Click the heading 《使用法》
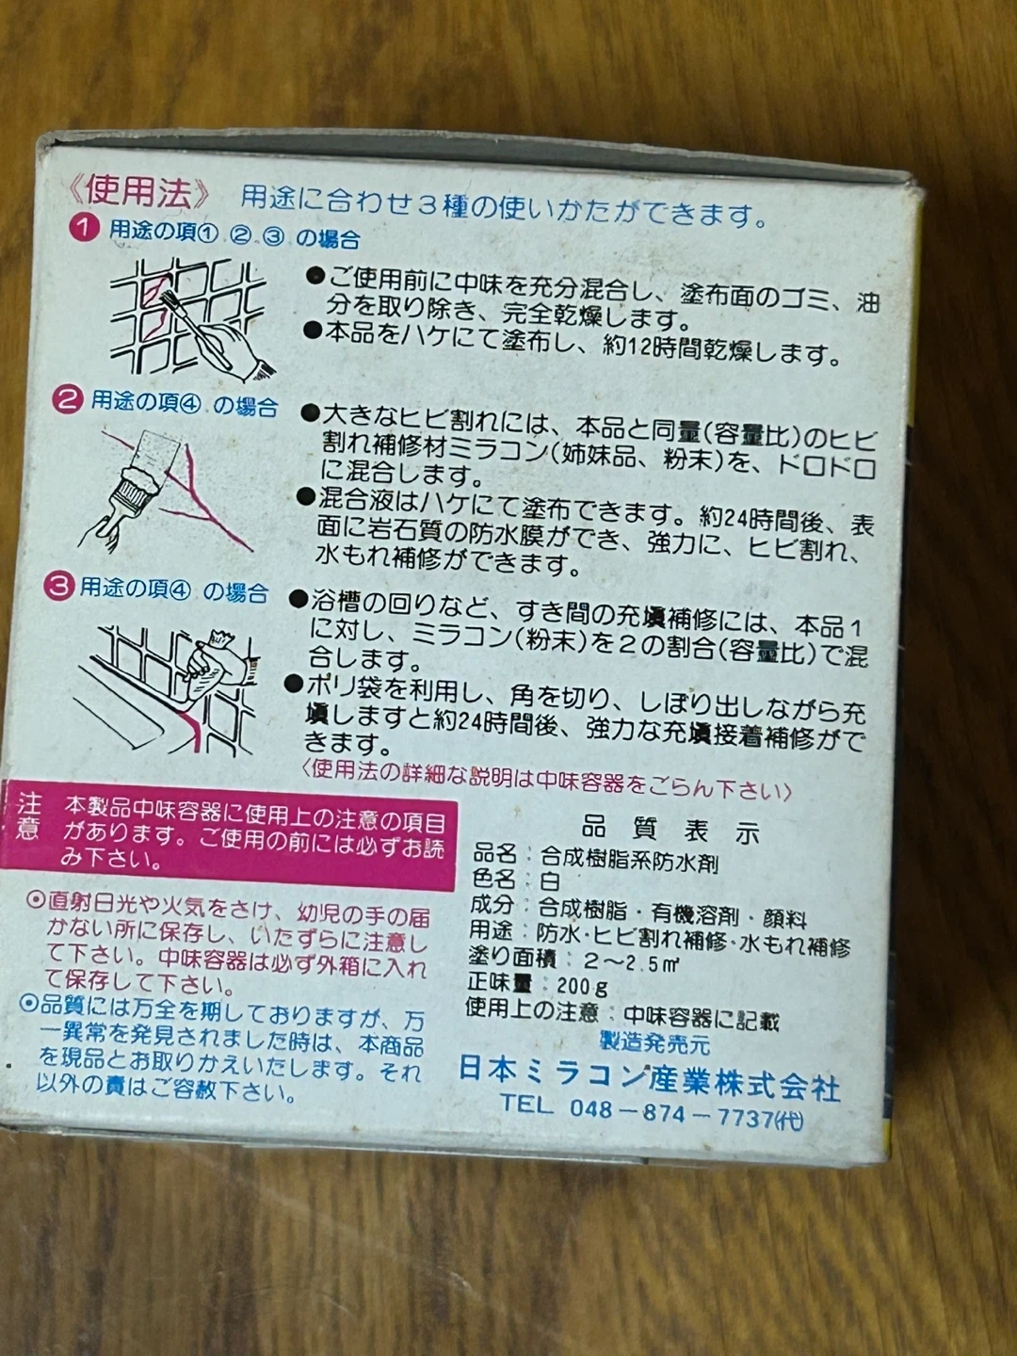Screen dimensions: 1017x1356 tap(139, 192)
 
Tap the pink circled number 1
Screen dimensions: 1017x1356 tap(85, 229)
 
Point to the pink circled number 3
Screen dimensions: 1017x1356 tap(58, 585)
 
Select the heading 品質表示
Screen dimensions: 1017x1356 tap(670, 831)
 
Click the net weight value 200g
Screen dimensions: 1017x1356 tap(583, 986)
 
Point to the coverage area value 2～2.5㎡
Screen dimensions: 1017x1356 tap(631, 961)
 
